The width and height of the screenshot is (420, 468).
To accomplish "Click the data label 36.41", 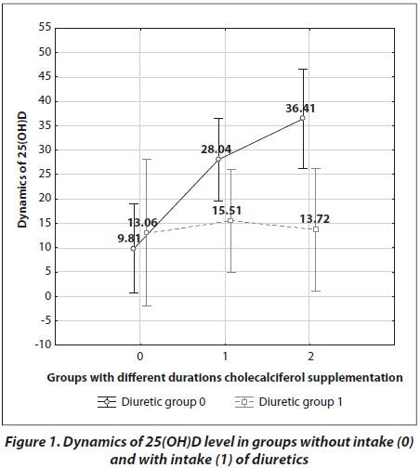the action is pos(300,109).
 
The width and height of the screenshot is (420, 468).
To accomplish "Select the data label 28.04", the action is pos(216,149).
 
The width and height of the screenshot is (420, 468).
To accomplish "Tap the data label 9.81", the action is pos(129,239).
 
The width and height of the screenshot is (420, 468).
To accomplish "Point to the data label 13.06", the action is pos(142,222).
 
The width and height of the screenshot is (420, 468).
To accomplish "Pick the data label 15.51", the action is pos(227,211).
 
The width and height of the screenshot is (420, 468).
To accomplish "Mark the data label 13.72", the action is pos(315,219).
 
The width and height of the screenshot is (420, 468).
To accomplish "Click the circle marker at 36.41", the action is pos(303,118).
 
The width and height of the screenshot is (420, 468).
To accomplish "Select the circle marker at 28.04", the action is pos(218,159).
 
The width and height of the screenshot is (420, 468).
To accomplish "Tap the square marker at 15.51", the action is pos(230,220).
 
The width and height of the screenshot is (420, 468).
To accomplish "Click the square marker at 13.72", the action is pos(316,229).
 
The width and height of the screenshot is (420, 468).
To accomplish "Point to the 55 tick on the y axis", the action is pos(45,27).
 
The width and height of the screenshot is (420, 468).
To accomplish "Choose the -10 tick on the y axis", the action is pos(43,344).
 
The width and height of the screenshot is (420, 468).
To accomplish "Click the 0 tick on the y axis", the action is pos(48,296).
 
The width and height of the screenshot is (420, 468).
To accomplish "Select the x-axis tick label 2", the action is pos(310,357).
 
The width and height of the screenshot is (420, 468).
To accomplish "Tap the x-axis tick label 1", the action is pos(225,357).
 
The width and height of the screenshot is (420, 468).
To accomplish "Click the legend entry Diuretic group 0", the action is pos(151,402).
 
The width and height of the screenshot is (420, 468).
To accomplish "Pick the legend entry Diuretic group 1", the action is pos(289,402).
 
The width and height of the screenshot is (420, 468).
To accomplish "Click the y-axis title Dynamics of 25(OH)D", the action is pos(22,169).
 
